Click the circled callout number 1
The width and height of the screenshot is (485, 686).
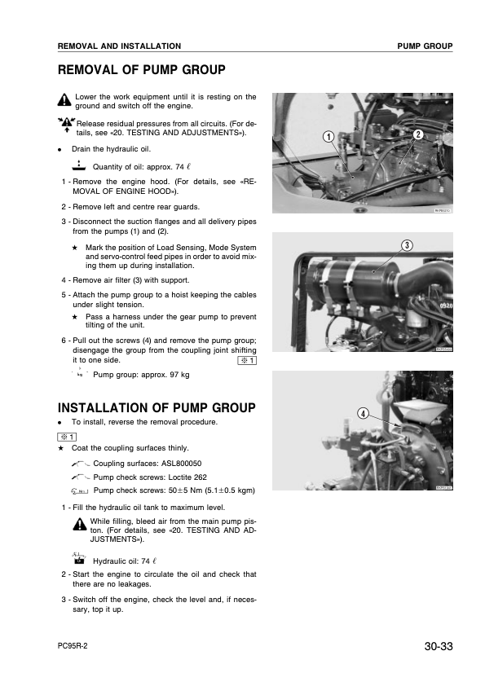[327, 137]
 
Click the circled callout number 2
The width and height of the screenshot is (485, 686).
[417, 133]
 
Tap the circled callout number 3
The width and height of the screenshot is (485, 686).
[406, 246]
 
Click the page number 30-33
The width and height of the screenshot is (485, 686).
[438, 648]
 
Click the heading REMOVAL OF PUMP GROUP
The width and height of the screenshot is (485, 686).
[141, 70]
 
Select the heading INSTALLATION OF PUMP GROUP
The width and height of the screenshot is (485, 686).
[157, 407]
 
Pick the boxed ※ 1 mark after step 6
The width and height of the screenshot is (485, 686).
[246, 361]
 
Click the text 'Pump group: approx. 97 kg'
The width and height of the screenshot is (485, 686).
[141, 376]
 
